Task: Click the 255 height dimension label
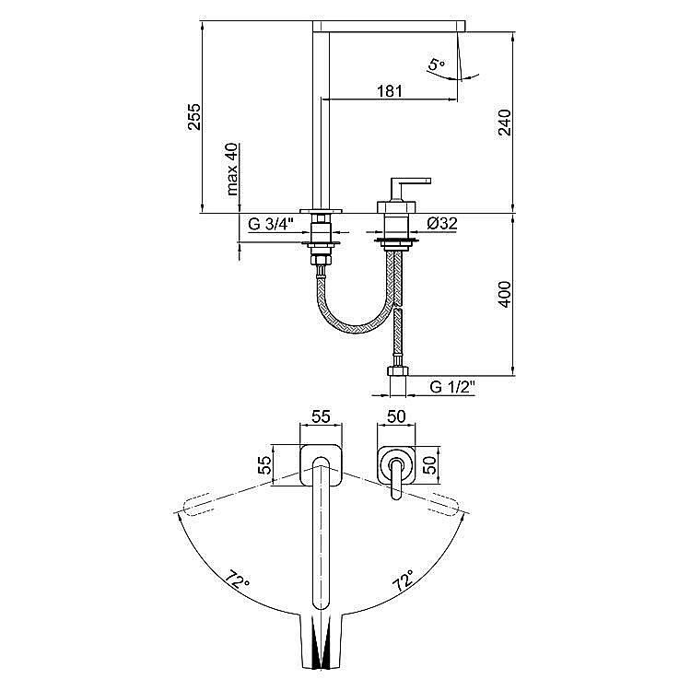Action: click(194, 117)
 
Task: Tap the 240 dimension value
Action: click(504, 123)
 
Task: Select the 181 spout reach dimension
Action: click(390, 91)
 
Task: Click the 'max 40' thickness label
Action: click(232, 169)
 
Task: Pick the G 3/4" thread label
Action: click(271, 224)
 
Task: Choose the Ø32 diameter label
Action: click(442, 224)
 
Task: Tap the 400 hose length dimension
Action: click(504, 295)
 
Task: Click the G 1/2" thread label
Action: click(452, 387)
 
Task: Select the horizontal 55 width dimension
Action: click(321, 416)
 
